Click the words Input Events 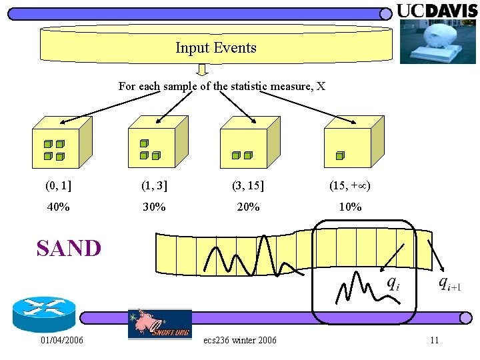(216, 48)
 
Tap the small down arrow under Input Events (203, 69)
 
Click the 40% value (59, 207)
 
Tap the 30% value (154, 207)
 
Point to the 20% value (248, 207)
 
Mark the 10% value (350, 207)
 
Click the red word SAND (69, 249)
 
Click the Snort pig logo (159, 323)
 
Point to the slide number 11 (434, 341)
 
